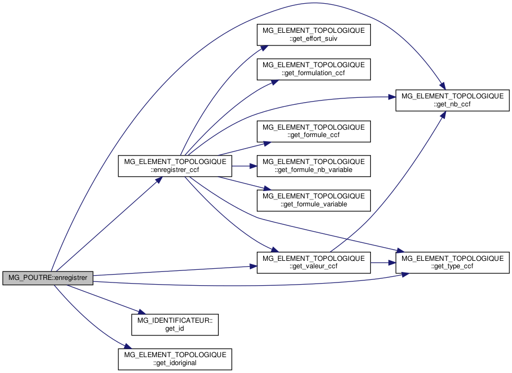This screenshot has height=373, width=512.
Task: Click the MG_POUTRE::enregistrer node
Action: (x=48, y=278)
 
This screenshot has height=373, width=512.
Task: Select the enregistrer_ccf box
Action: (x=175, y=166)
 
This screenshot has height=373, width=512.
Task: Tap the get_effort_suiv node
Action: (x=313, y=34)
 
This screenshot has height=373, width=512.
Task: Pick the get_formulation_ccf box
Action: (x=313, y=69)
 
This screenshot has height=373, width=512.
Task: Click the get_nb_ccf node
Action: (x=452, y=101)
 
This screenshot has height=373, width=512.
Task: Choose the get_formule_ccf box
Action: (x=313, y=131)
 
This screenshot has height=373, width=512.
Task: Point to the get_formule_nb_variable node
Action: (x=313, y=166)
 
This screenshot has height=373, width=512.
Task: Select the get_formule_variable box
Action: (x=313, y=201)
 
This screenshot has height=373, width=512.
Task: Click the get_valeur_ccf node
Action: (x=313, y=262)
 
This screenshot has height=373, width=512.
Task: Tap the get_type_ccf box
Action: (x=452, y=262)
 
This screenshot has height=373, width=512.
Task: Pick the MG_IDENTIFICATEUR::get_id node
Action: (x=175, y=325)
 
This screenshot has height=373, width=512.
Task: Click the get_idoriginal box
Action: (x=175, y=359)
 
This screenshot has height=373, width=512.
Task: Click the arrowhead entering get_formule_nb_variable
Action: (x=253, y=166)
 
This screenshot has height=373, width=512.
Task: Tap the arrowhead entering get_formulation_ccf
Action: (x=275, y=82)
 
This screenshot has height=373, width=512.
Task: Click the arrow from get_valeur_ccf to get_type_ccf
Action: (x=383, y=262)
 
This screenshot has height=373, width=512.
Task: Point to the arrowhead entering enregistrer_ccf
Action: (x=159, y=180)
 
